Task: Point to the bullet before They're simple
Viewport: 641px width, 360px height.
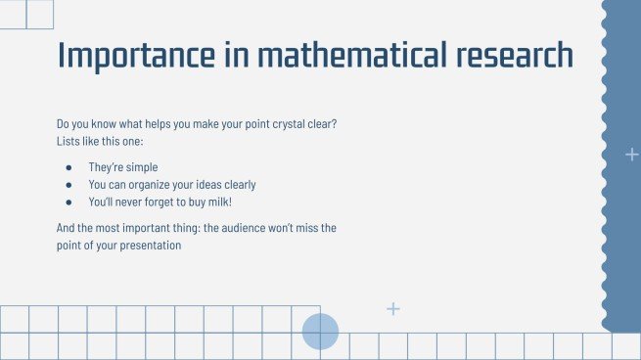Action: pyautogui.click(x=69, y=167)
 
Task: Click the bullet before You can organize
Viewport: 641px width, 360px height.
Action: pyautogui.click(x=69, y=184)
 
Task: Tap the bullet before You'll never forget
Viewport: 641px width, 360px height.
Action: pyautogui.click(x=69, y=202)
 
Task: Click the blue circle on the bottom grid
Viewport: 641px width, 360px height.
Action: pyautogui.click(x=320, y=332)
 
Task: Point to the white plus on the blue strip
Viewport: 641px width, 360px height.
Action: pyautogui.click(x=631, y=155)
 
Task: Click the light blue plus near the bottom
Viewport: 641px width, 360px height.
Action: pyautogui.click(x=393, y=309)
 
